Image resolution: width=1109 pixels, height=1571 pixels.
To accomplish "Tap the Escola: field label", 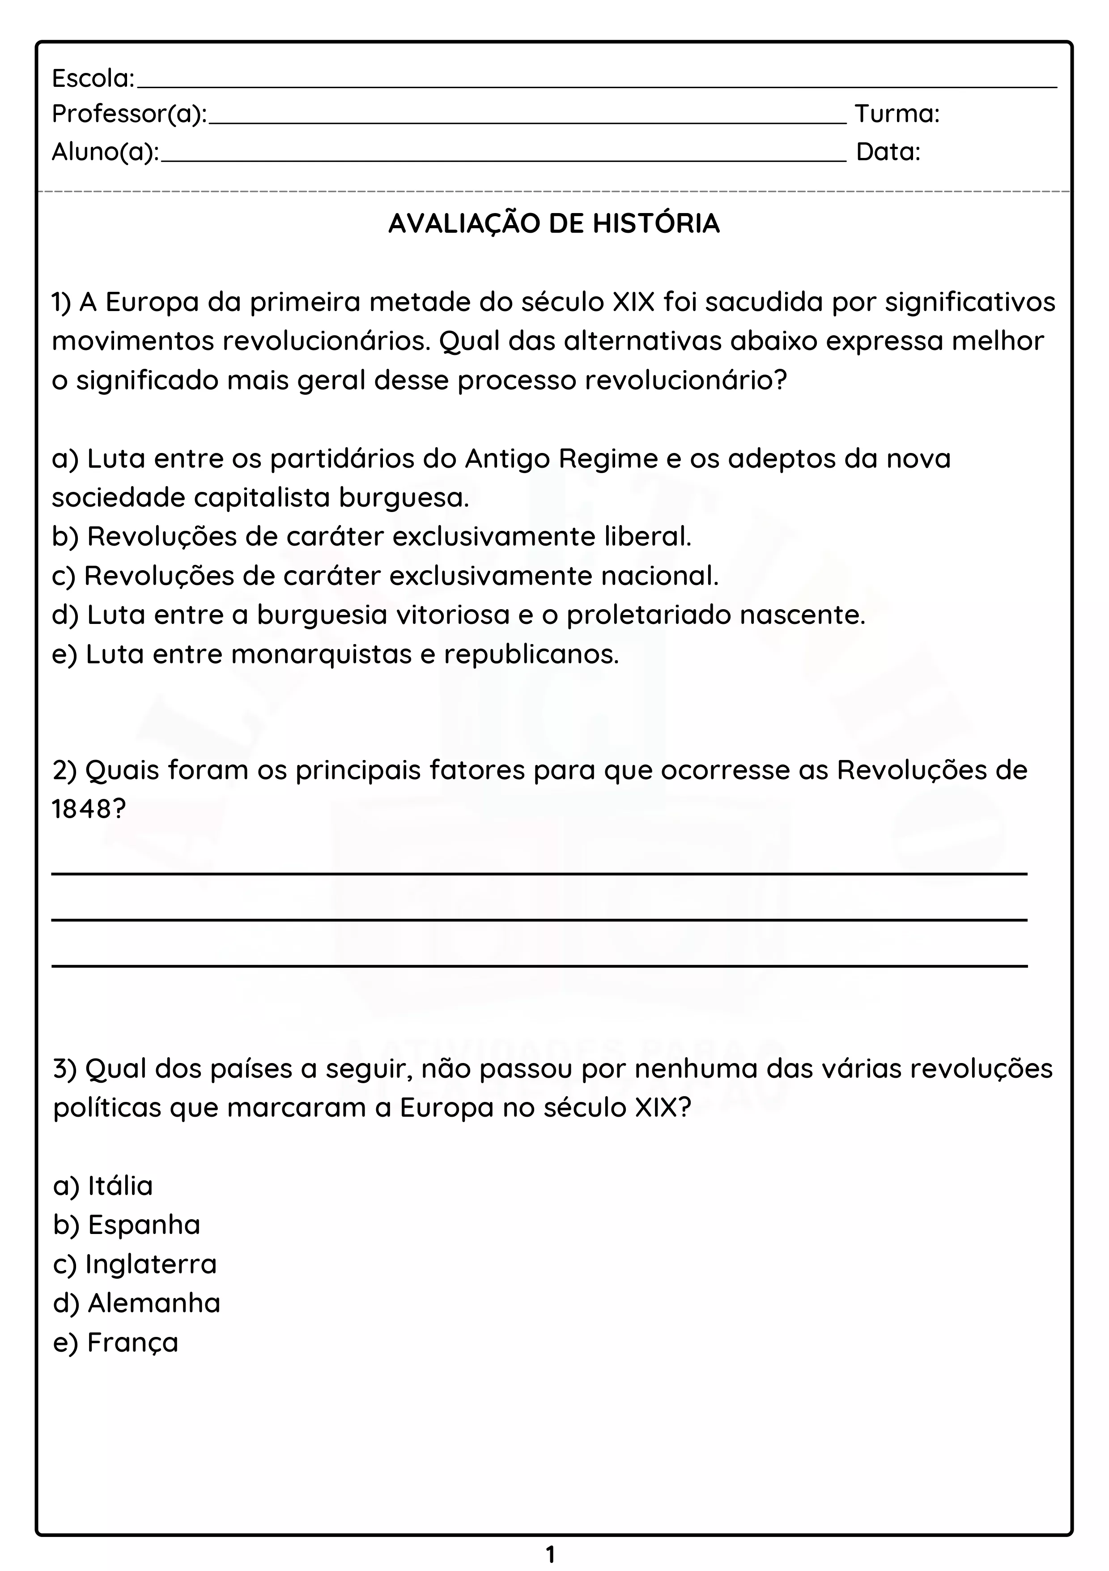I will coord(93,79).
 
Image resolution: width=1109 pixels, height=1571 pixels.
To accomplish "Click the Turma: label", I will coord(897,114).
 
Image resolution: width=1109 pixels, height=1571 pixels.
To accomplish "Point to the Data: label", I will coord(888,152).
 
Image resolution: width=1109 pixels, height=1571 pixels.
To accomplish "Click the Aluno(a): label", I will coord(105,152).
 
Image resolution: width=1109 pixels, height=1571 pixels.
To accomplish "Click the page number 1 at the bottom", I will coord(551,1554).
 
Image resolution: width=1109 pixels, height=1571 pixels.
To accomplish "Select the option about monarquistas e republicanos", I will coord(335,655).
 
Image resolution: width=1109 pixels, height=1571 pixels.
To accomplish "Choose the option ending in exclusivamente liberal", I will coord(371,537).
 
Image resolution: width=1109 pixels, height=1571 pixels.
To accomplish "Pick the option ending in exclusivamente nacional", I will coord(385,576).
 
